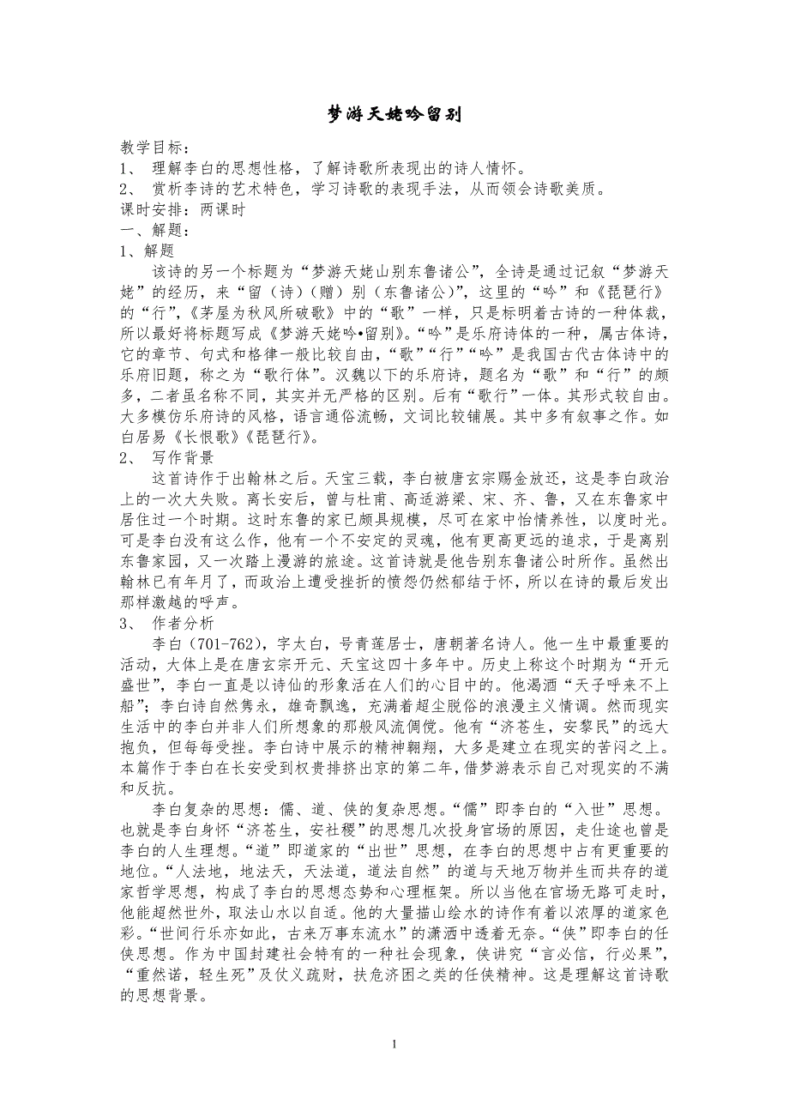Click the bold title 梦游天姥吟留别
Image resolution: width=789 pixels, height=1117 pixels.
point(395,115)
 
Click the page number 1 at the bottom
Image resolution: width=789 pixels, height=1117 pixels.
point(394,1044)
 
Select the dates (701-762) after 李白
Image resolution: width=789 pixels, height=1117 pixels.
point(229,643)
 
